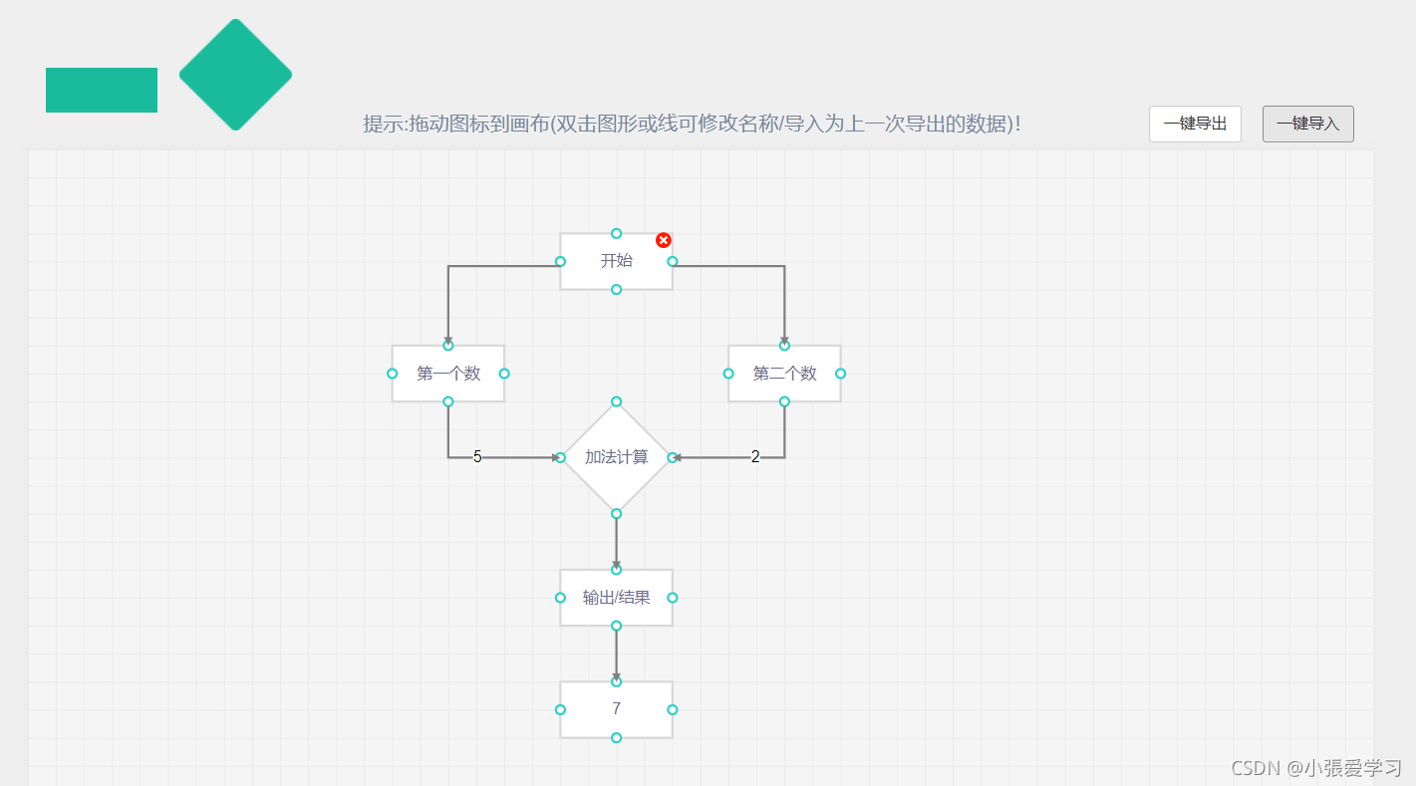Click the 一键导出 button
1195,124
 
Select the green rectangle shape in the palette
102,90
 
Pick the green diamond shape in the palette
235,75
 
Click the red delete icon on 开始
664,240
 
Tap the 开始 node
616,261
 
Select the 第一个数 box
447,374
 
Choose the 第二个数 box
784,374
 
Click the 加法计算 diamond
616,457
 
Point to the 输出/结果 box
616,598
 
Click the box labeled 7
616,709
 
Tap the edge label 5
477,457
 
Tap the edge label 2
755,457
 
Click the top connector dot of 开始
616,233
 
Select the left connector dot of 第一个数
392,374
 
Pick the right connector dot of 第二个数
840,374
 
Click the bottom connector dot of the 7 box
616,737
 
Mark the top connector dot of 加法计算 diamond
616,401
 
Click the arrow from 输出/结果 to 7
616,653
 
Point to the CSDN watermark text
1316,767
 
